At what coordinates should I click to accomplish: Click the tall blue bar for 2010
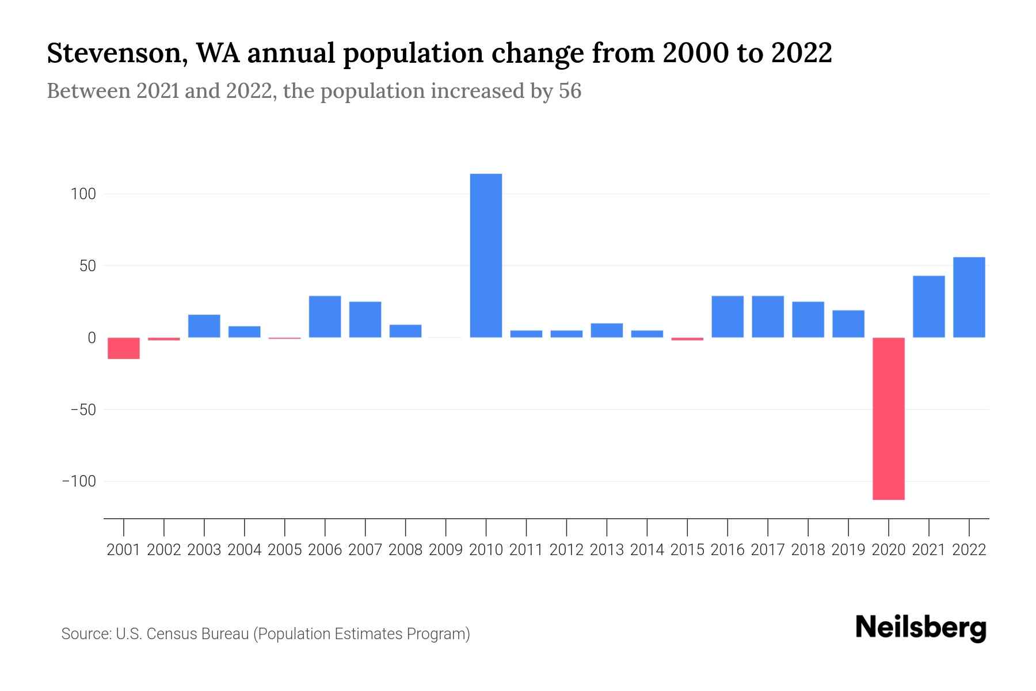tap(486, 255)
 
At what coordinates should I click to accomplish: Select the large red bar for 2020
tap(888, 419)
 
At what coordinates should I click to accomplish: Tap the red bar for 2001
tap(124, 348)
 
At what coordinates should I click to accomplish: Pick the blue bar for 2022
tap(969, 297)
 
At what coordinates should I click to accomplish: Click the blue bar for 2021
tap(928, 306)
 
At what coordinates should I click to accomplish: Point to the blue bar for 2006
tap(325, 317)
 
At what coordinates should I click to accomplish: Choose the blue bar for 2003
tap(204, 326)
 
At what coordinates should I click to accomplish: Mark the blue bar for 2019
tap(848, 324)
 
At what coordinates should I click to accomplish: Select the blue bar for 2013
tap(607, 331)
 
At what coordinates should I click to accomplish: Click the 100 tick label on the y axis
tap(83, 194)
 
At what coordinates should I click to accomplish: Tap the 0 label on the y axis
tap(92, 338)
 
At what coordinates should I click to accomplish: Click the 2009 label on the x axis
tap(445, 550)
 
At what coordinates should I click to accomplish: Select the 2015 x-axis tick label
tap(687, 550)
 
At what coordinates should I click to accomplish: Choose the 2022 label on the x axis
tap(969, 550)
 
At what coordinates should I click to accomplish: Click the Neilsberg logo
tap(920, 628)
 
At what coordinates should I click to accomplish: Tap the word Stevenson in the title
tap(116, 54)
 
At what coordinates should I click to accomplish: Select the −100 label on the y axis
tap(79, 481)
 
